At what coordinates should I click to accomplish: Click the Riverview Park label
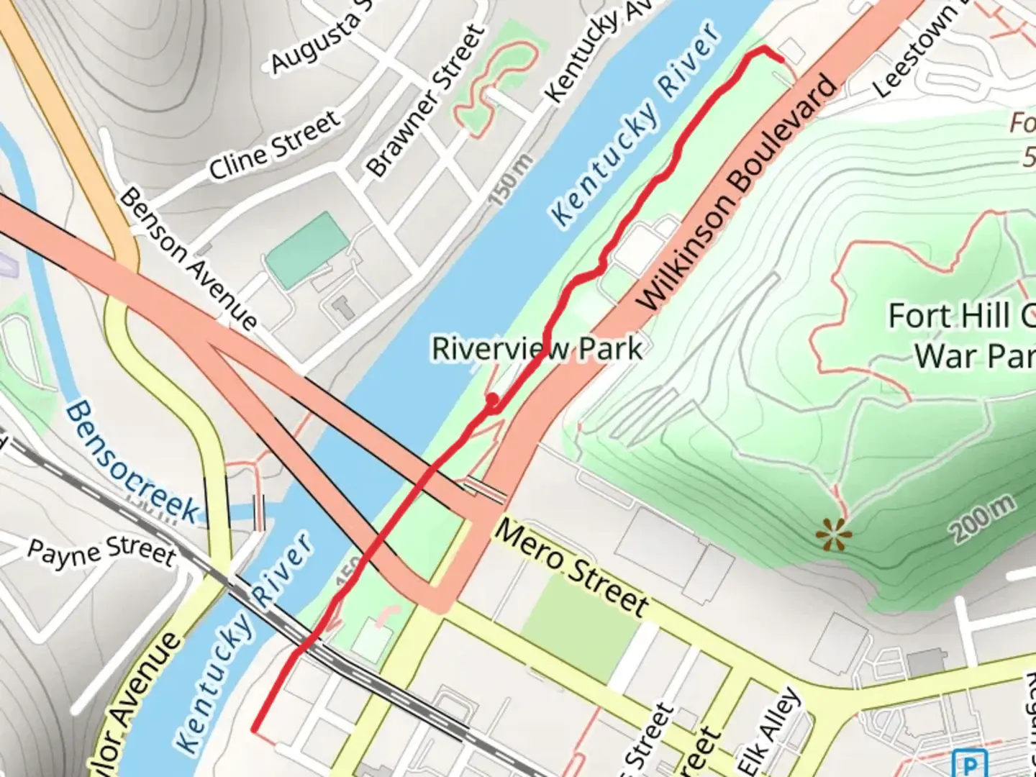tap(537, 349)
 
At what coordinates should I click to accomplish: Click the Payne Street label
tap(101, 553)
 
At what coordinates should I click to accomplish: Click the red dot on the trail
tap(492, 399)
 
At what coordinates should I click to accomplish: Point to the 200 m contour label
tap(984, 519)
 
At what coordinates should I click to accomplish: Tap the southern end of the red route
tap(255, 729)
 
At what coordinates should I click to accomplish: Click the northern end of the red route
tap(781, 60)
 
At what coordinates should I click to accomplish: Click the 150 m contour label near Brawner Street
tap(512, 180)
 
